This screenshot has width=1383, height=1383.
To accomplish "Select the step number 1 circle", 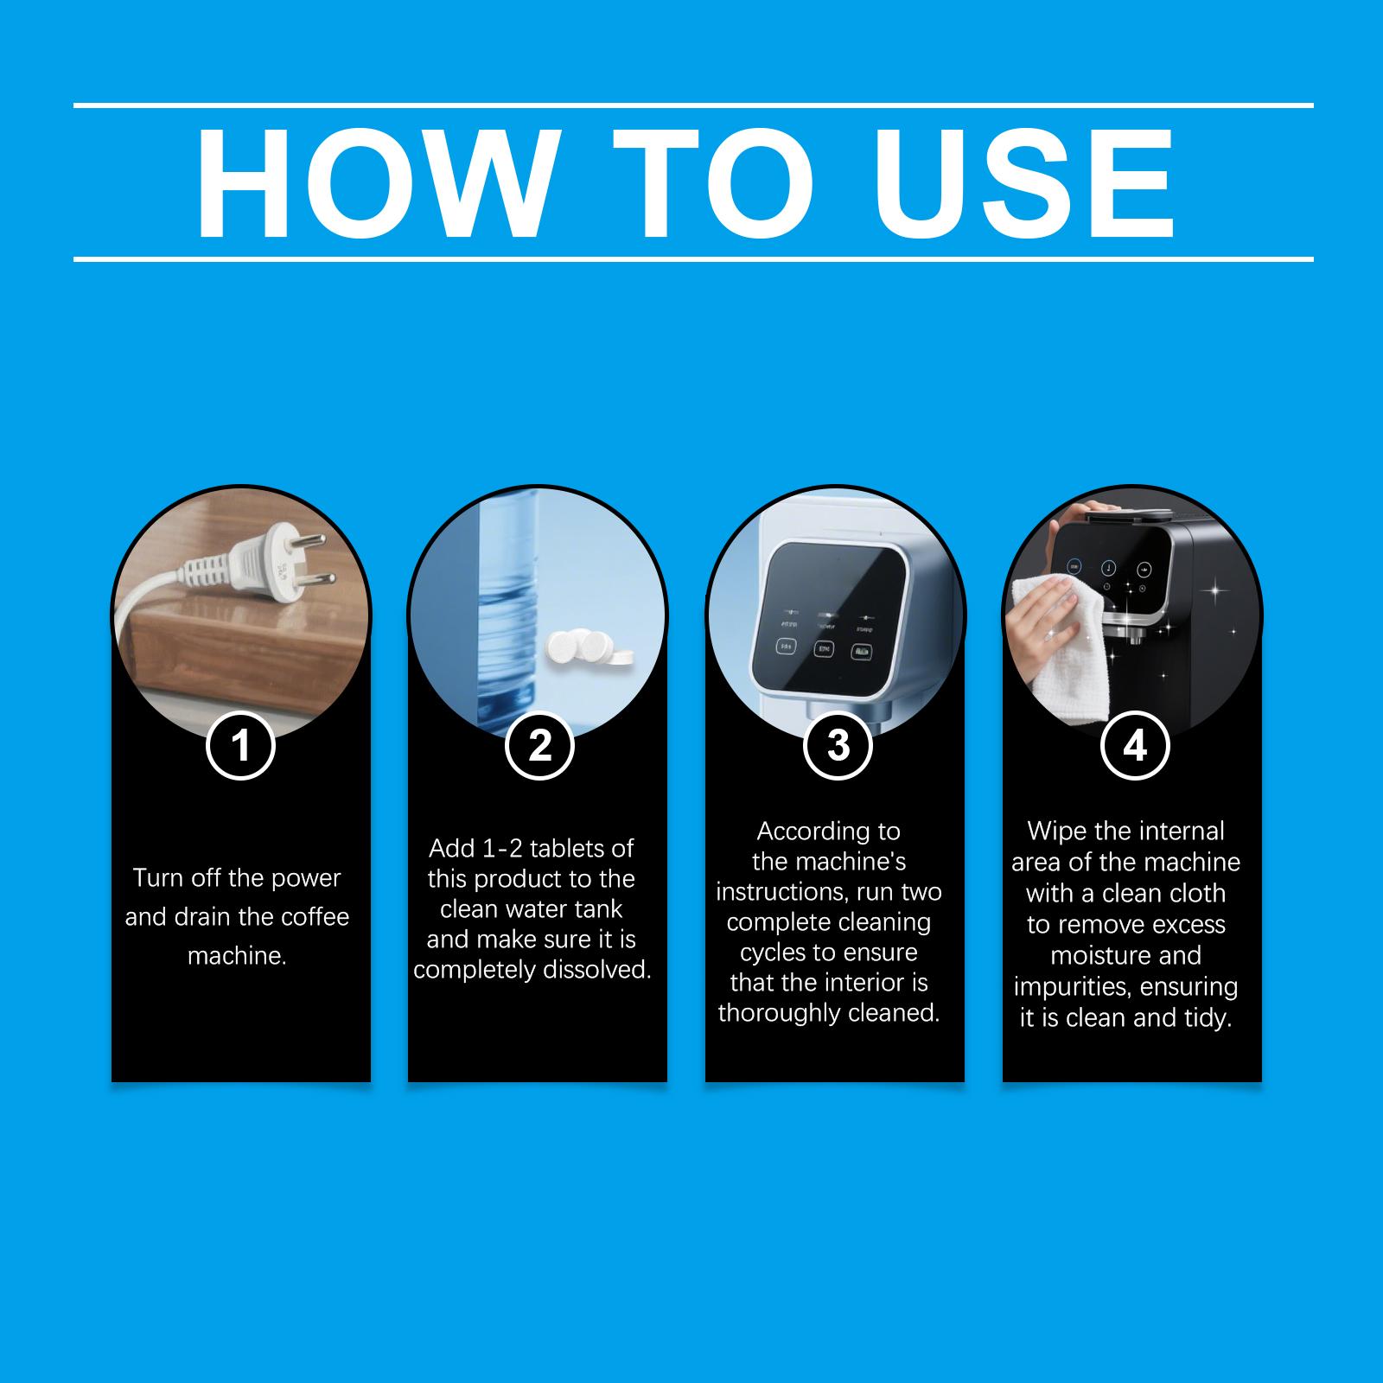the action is pyautogui.click(x=240, y=745).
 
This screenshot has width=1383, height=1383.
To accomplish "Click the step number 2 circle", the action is pyautogui.click(x=539, y=745).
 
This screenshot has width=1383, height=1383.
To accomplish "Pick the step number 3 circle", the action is pyautogui.click(x=838, y=745).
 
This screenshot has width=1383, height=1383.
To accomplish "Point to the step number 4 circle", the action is pyautogui.click(x=1135, y=745).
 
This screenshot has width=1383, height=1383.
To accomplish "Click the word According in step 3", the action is pyautogui.click(x=829, y=832).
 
